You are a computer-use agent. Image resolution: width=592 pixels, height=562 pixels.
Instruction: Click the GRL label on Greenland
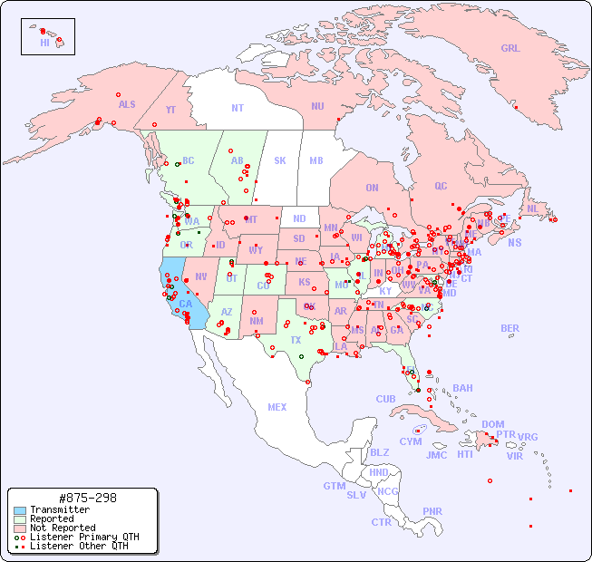(510, 48)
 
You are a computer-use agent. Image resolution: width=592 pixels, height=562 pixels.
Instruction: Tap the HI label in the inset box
(44, 43)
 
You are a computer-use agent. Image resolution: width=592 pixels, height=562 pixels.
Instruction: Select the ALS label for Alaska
(127, 104)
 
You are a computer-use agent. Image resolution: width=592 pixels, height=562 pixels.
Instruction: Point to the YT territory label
(170, 110)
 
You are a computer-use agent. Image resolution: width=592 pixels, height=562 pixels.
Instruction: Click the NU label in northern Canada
(317, 106)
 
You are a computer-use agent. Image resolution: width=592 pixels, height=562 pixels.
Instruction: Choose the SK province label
(280, 160)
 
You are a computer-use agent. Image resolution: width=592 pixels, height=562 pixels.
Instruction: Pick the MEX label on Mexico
(277, 407)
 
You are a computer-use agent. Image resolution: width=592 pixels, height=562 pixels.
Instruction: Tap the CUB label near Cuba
(386, 399)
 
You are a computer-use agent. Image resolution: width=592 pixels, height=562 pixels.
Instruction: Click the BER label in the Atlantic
(510, 328)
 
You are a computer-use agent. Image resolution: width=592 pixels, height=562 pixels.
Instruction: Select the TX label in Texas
(296, 340)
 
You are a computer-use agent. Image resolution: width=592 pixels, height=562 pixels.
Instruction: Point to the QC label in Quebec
(441, 186)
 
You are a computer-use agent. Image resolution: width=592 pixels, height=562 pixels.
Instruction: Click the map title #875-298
(86, 498)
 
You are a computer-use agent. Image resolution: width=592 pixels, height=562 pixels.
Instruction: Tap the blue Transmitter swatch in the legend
(19, 510)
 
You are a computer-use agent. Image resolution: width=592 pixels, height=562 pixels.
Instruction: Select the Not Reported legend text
(62, 528)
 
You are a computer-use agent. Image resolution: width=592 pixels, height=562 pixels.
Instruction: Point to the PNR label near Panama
(432, 511)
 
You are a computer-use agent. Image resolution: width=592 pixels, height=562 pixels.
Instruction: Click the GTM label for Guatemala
(334, 486)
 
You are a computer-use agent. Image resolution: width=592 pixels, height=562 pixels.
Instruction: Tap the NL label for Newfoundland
(533, 208)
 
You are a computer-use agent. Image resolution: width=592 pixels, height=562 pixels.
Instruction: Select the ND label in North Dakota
(299, 218)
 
